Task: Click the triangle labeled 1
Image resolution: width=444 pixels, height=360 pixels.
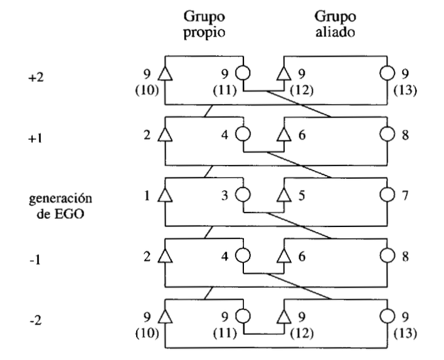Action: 166,197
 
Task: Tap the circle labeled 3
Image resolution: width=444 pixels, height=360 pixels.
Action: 243,197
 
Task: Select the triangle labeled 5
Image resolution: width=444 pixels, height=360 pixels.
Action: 283,197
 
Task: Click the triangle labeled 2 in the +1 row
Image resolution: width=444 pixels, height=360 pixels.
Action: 166,135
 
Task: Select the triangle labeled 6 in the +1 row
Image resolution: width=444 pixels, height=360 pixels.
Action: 283,135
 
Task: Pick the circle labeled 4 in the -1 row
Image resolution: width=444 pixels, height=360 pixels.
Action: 243,258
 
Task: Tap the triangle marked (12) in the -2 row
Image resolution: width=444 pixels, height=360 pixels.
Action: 283,319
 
